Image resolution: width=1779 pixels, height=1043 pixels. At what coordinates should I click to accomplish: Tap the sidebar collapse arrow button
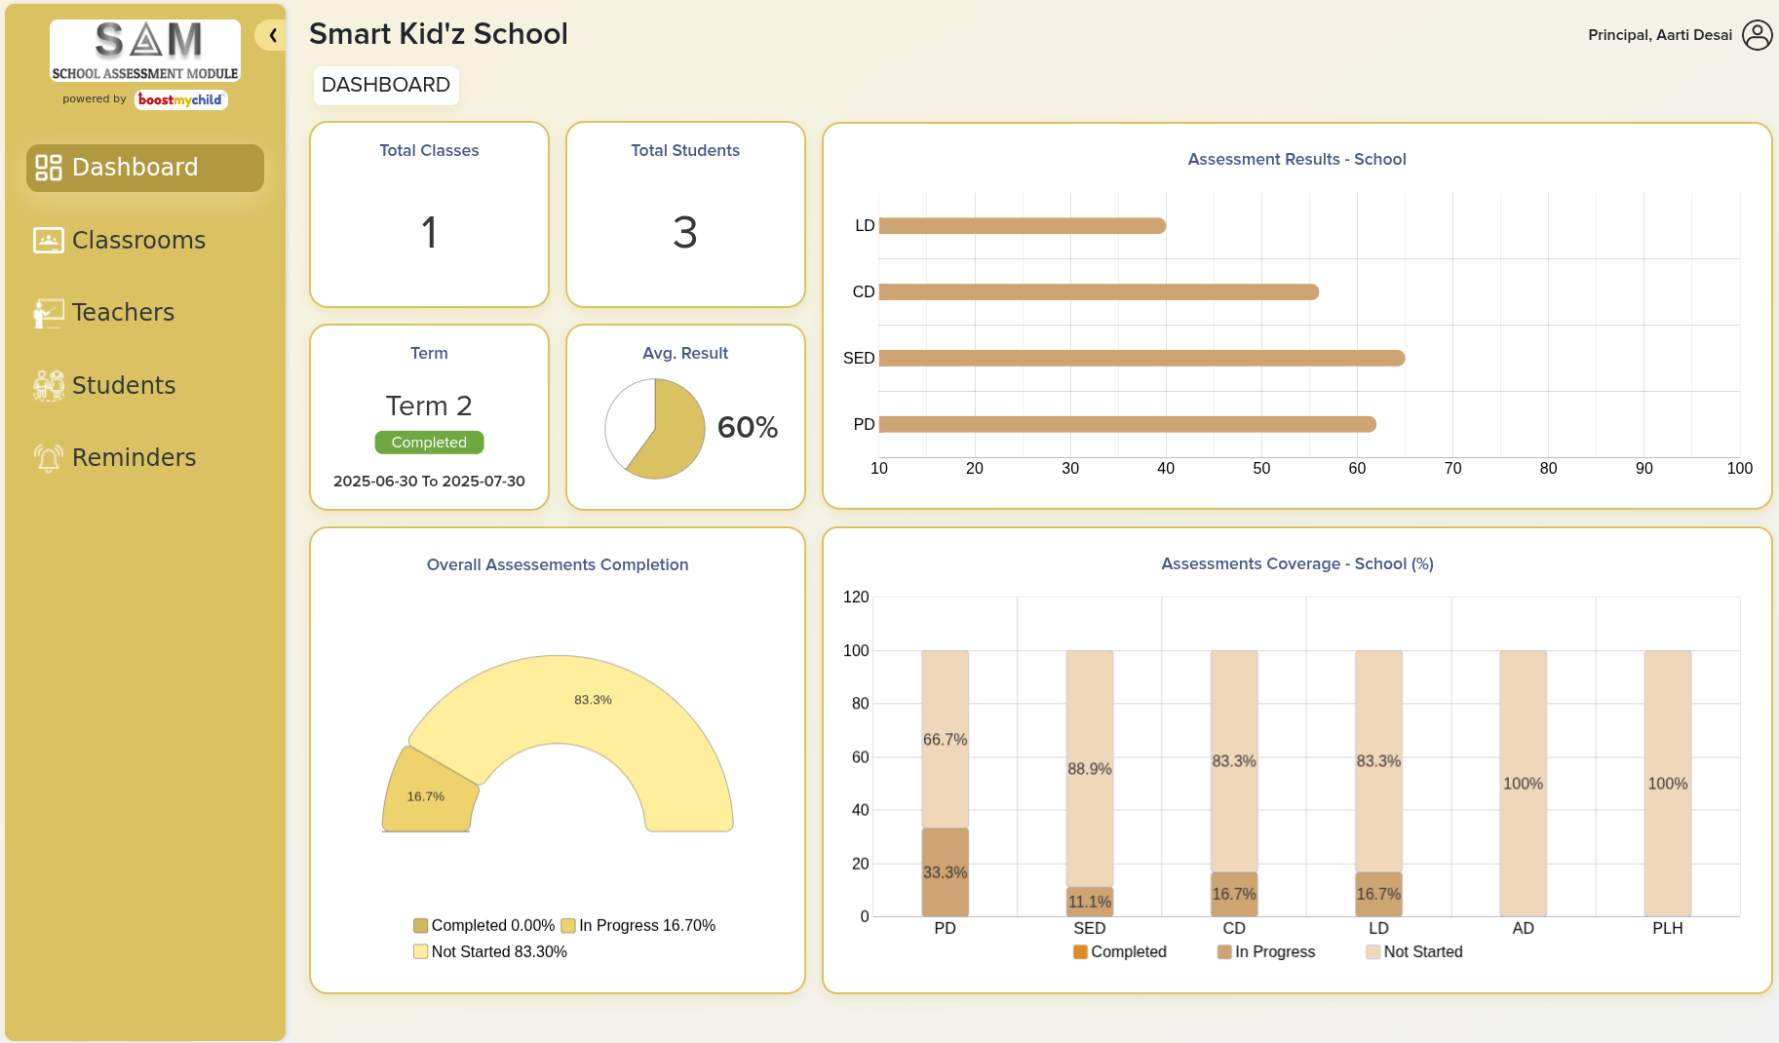point(272,36)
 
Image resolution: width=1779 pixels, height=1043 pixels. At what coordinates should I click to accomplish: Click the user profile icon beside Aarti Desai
point(1757,35)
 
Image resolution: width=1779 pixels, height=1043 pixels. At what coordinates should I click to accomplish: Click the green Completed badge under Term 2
point(429,443)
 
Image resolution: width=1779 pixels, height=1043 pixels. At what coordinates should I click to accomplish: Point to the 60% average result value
point(747,427)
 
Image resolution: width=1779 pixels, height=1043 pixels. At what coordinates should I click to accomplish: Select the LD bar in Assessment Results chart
point(1022,226)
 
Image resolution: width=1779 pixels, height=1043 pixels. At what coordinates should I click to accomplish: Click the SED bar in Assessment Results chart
point(1141,359)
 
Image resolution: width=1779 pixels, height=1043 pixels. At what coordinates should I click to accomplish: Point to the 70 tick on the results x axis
point(1452,469)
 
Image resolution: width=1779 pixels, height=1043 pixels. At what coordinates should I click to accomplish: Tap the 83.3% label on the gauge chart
point(593,700)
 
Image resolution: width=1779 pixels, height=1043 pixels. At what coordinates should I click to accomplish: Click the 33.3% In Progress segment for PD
point(945,871)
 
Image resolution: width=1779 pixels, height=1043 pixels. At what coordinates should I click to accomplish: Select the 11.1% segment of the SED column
point(1089,902)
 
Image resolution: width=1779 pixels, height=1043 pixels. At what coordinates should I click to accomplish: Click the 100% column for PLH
point(1667,783)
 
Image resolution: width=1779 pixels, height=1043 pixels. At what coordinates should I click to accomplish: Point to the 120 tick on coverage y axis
point(856,597)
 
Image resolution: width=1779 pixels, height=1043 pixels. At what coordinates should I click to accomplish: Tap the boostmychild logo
point(180,99)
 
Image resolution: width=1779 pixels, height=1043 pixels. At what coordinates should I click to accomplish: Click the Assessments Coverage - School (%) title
point(1296,563)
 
